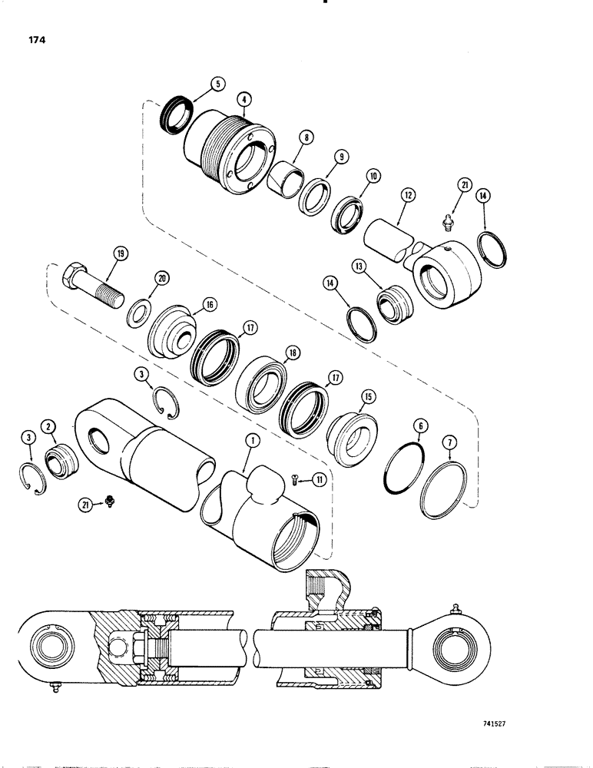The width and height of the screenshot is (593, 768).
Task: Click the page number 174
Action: pos(35,41)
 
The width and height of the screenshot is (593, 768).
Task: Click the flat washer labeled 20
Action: pos(140,313)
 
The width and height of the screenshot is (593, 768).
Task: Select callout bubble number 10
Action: pos(373,176)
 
